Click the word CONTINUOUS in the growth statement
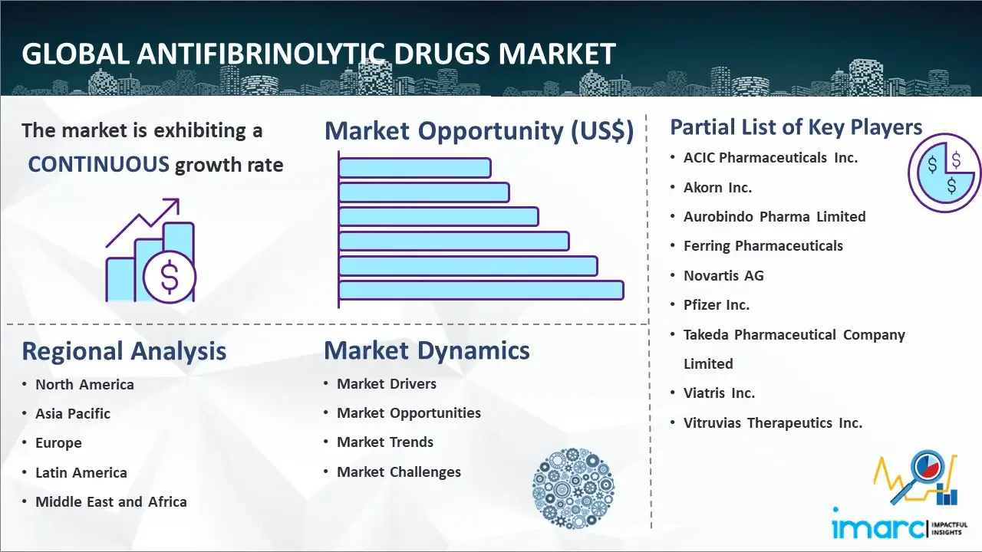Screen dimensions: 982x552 pyautogui.click(x=99, y=165)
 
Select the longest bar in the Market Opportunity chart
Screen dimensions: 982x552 pyautogui.click(x=481, y=291)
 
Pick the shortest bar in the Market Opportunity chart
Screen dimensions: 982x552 pyautogui.click(x=415, y=168)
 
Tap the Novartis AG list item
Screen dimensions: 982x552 pyautogui.click(x=723, y=275)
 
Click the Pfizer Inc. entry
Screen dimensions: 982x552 pyautogui.click(x=717, y=305)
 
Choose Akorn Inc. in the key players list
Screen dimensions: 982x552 pyautogui.click(x=717, y=188)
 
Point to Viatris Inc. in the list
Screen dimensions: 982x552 pyautogui.click(x=720, y=393)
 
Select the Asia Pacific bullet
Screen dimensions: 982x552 pyautogui.click(x=73, y=413)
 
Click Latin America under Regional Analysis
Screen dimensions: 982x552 pyautogui.click(x=81, y=473)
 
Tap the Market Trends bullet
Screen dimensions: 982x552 pyautogui.click(x=385, y=442)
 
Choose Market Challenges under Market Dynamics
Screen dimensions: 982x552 pyautogui.click(x=399, y=472)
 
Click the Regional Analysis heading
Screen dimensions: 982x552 pyautogui.click(x=124, y=351)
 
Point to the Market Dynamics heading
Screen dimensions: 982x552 pyautogui.click(x=427, y=350)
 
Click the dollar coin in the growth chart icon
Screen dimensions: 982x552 pyautogui.click(x=170, y=278)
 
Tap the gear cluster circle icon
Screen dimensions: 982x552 pyautogui.click(x=573, y=488)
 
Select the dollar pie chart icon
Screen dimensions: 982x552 pyautogui.click(x=944, y=172)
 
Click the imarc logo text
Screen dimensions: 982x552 pyautogui.click(x=879, y=528)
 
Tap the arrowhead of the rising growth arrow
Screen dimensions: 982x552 pyautogui.click(x=173, y=204)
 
